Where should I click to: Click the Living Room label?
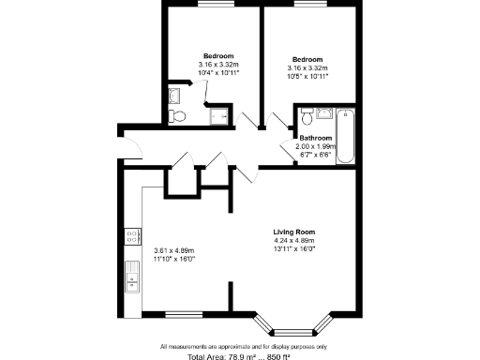292,232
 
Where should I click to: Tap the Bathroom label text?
315,139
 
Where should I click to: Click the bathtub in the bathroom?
346,136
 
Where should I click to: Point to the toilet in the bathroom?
307,118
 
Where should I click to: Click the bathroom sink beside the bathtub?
323,113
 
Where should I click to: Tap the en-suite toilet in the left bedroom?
176,115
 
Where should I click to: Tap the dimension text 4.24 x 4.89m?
292,241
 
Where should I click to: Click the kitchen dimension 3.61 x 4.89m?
173,250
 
